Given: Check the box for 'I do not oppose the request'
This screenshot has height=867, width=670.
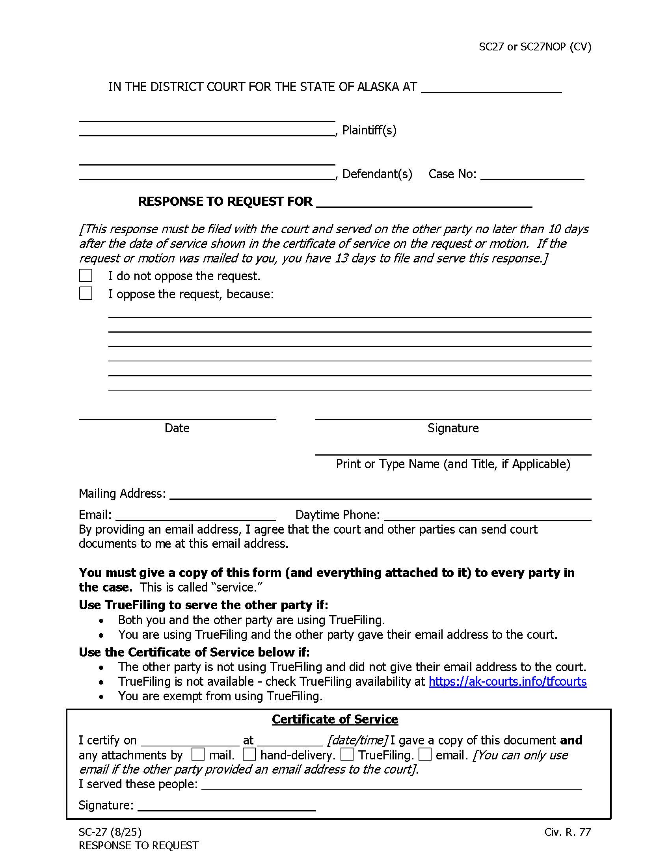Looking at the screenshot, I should [86, 275].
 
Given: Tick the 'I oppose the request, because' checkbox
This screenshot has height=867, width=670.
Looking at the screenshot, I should [86, 293].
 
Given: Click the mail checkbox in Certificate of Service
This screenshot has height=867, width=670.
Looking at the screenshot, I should [198, 754].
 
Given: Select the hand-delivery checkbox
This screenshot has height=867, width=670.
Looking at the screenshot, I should [249, 754].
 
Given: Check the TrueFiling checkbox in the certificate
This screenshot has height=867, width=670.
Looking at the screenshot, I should [346, 754].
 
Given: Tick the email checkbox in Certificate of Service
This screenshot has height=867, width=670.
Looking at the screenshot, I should [425, 754].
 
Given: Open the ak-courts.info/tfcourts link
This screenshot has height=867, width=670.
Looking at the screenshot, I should [507, 682].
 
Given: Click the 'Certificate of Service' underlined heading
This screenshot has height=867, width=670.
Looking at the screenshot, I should [335, 719].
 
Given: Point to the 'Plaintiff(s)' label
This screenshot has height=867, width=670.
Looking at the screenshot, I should [369, 130].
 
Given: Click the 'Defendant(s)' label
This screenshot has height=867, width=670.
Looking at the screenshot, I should [377, 174].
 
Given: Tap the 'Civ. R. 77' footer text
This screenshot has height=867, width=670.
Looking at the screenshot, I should [567, 832].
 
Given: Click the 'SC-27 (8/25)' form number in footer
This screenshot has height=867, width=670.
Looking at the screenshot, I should [110, 832].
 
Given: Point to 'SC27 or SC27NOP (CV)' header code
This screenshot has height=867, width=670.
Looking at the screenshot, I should [535, 47].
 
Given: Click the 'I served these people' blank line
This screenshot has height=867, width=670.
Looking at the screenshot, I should [391, 784].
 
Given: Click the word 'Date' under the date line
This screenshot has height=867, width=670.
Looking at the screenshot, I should [177, 428].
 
